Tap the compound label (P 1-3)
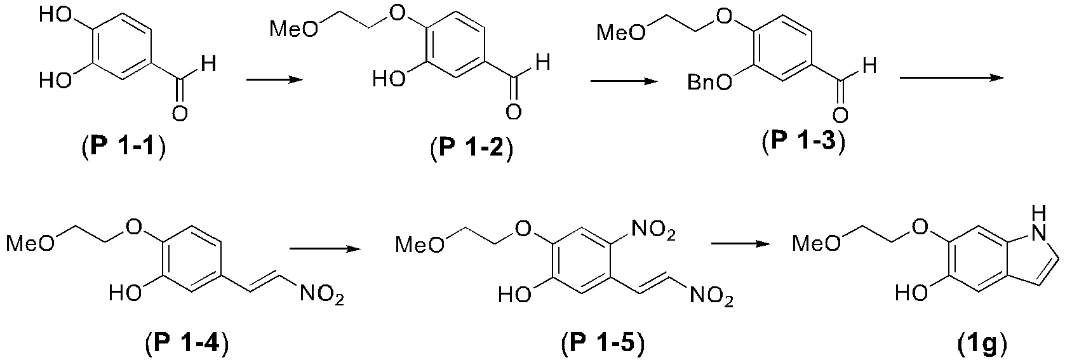[x=803, y=142]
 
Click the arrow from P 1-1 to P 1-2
[x=274, y=80]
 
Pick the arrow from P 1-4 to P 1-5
[x=325, y=249]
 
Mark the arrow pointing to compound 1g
[x=740, y=243]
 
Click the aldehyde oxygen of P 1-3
[x=840, y=116]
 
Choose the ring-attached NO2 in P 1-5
[x=652, y=232]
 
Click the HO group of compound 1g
[x=911, y=294]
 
